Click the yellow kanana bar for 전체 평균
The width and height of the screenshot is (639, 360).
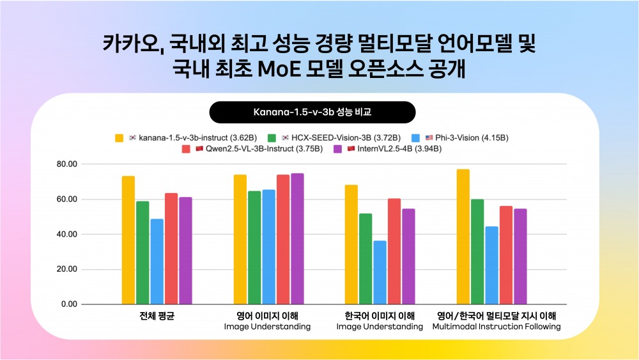point(128,240)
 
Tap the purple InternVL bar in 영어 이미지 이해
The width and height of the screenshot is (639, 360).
point(297,239)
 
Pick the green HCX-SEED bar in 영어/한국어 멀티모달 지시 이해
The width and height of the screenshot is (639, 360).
point(477,252)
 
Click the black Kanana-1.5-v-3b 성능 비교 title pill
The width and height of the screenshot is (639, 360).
point(312,112)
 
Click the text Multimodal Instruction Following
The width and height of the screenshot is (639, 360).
point(497,327)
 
